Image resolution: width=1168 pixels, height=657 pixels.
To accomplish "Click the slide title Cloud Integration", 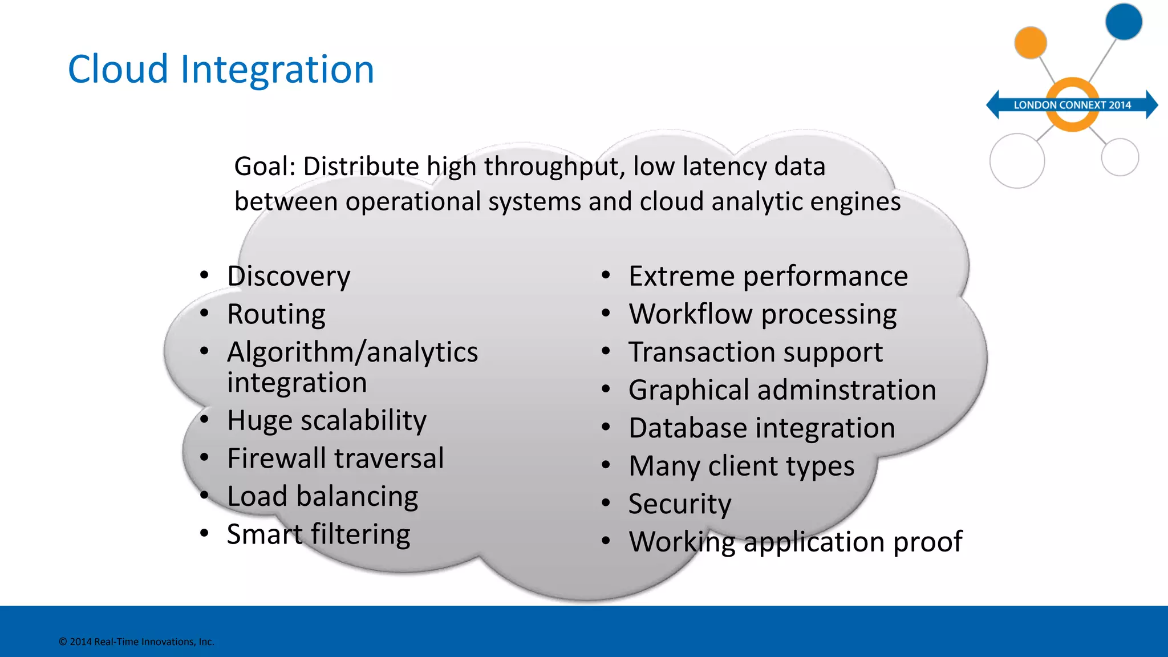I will click(x=221, y=70).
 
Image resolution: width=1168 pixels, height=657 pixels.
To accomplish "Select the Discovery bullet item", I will click(x=289, y=277).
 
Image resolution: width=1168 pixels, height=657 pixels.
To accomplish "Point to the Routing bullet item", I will click(x=276, y=314).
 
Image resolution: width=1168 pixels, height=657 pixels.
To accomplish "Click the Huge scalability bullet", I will click(x=326, y=421).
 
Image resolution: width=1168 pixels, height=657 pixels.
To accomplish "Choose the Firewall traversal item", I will click(x=335, y=459).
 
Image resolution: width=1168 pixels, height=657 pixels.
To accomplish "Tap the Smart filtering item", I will click(x=318, y=535).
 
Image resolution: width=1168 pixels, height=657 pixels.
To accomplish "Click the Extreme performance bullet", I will click(x=768, y=277).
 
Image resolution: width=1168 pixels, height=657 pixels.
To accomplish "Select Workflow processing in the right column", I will click(x=763, y=314).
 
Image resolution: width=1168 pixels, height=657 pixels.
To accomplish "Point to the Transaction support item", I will click(x=756, y=352).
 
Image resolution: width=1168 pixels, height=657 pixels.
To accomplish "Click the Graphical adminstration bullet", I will click(x=782, y=391).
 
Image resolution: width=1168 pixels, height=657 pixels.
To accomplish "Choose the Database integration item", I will click(x=762, y=428).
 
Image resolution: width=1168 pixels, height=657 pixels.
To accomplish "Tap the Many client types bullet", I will click(x=741, y=467).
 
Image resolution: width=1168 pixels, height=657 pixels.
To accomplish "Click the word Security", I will click(x=680, y=504).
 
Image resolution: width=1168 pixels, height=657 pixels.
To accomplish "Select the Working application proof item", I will click(x=796, y=542).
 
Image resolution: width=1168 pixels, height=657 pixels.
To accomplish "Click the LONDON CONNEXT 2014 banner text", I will click(x=1072, y=105).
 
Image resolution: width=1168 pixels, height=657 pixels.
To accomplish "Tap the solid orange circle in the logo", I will click(x=1031, y=42).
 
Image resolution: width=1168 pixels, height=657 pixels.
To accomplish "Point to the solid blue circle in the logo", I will click(x=1124, y=22).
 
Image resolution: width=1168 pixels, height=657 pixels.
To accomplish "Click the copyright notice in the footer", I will click(x=136, y=642).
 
